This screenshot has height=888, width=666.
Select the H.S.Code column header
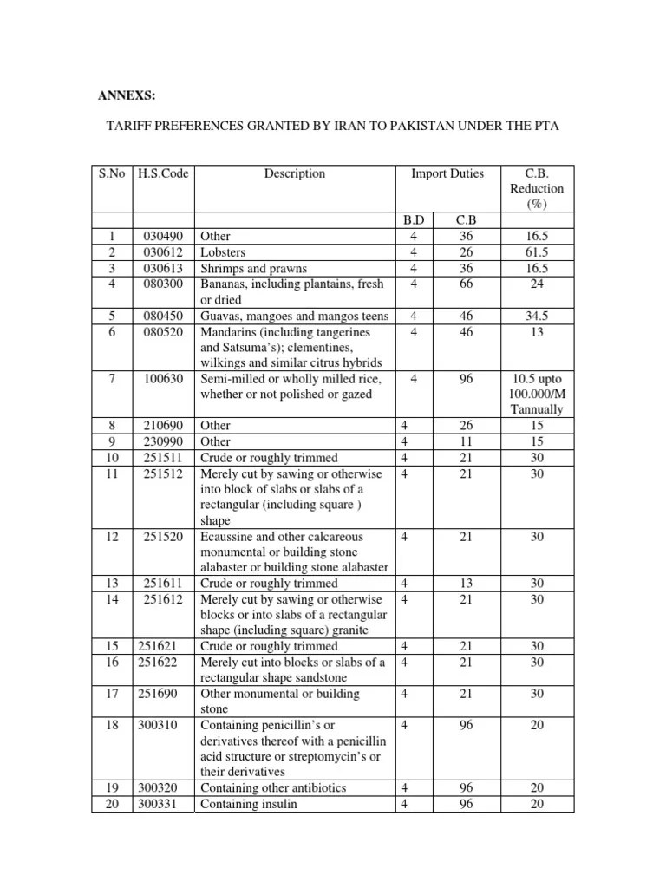pos(163,173)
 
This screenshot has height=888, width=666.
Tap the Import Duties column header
pos(447,173)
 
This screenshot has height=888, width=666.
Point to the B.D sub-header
pos(415,220)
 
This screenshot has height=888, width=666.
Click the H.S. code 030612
pos(165,251)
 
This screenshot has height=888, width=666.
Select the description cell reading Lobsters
pos(224,251)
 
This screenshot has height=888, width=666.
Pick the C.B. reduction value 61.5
pos(537,251)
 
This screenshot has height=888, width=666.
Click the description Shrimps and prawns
pos(253,267)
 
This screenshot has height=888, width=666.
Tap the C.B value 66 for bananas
pos(467,283)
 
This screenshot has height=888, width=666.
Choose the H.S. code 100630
pos(165,378)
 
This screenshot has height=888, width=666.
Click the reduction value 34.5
pos(537,316)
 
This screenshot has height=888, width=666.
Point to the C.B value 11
pos(467,441)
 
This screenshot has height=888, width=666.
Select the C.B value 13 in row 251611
pos(467,584)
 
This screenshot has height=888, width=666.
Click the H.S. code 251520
pos(165,537)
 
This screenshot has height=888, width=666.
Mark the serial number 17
pos(111,694)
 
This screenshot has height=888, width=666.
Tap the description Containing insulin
pos(249,803)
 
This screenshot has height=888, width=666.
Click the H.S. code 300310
pos(157,725)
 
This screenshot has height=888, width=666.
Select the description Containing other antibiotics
pos(273,787)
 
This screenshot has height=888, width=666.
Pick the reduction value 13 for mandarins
pos(537,331)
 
